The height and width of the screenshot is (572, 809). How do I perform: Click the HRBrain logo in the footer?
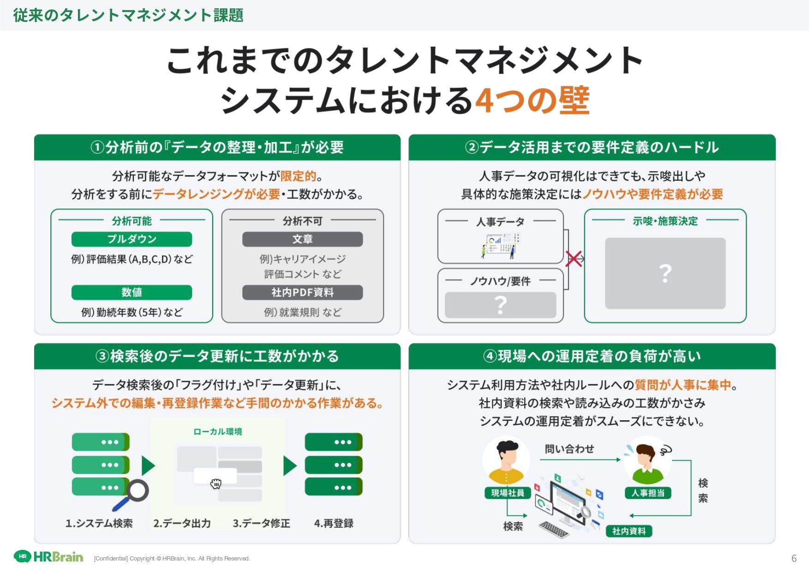click(48, 557)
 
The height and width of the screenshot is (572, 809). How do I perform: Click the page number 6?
click(794, 558)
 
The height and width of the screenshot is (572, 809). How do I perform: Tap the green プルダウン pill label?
click(132, 239)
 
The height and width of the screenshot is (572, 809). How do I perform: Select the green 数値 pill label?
click(132, 292)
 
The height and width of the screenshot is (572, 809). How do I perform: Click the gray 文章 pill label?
click(302, 239)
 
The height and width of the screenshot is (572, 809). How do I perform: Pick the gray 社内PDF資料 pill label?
click(302, 292)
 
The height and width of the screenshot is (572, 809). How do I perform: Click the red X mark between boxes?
click(574, 259)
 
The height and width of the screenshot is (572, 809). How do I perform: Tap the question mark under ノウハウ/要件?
click(500, 305)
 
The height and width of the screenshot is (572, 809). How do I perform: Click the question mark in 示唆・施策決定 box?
click(665, 273)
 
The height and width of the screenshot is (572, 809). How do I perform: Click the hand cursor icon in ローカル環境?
click(216, 483)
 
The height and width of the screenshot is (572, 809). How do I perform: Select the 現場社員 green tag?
click(508, 493)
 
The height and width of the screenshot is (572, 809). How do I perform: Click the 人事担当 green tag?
click(648, 493)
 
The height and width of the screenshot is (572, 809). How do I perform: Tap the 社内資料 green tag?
click(629, 531)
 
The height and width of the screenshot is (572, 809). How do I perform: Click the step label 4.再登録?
click(334, 523)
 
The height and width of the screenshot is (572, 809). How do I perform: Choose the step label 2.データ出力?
click(182, 523)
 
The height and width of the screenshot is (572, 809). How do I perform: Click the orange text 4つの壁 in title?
click(532, 100)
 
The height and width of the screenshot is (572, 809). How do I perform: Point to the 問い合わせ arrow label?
click(569, 449)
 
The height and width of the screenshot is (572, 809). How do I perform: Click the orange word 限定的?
click(298, 176)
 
